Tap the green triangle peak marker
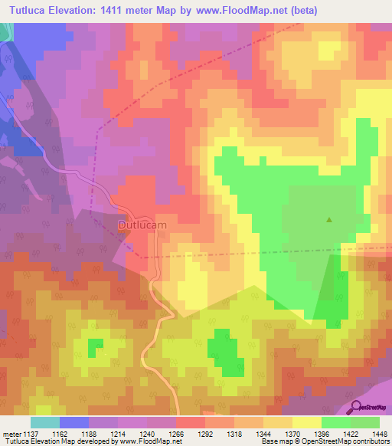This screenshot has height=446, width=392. (329, 220)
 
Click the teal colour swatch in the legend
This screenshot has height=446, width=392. (45, 422)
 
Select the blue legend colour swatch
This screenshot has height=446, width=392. (74, 422)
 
